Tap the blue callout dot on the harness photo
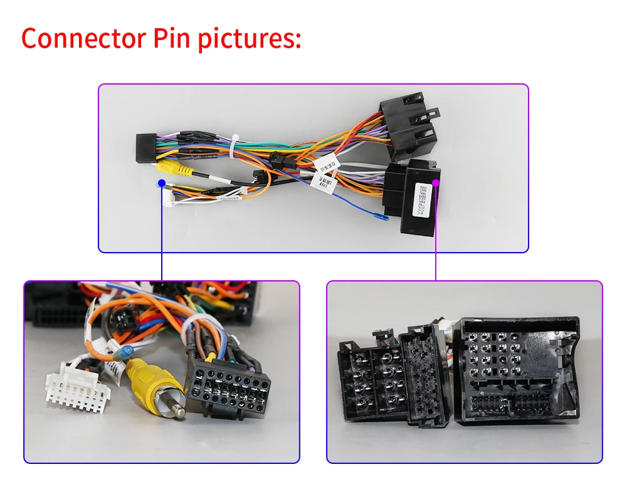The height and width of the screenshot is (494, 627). pos(162,184)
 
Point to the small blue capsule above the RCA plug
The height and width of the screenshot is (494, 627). pos(127,352)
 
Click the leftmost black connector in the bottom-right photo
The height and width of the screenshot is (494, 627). pos(369,383)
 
